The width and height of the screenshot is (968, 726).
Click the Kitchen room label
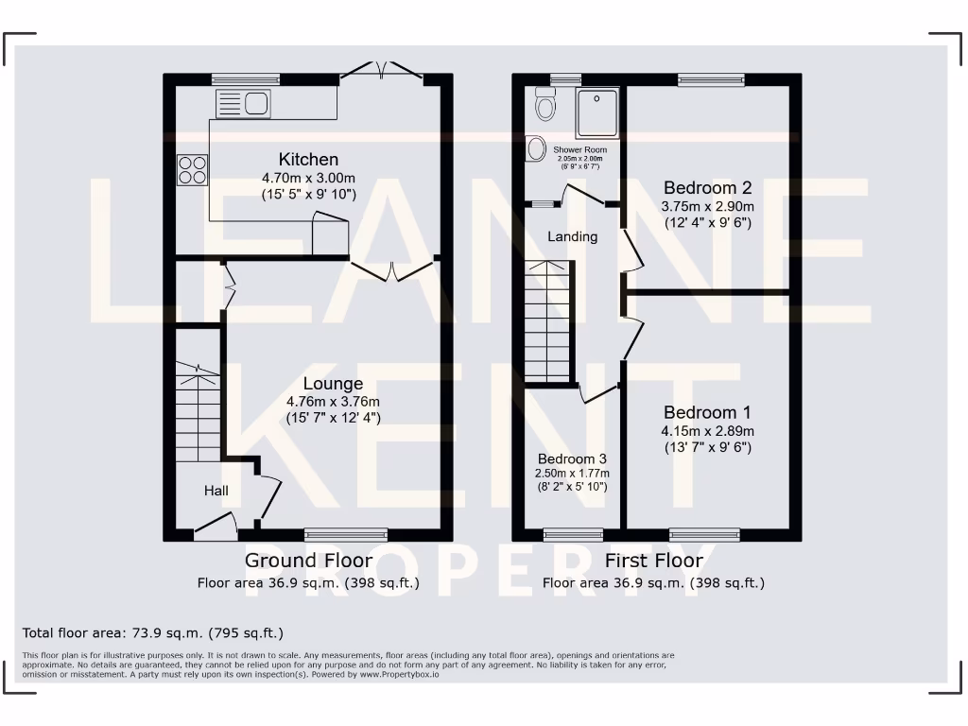click(307, 159)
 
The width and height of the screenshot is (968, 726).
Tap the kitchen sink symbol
click(243, 103)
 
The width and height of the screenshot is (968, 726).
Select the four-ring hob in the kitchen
click(193, 170)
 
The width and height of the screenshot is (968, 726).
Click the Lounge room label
click(333, 384)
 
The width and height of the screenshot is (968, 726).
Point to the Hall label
click(216, 491)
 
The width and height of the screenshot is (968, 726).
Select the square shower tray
click(597, 112)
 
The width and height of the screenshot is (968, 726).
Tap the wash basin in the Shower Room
click(536, 148)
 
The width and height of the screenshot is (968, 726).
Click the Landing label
click(573, 236)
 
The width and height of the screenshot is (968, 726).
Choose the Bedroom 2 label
click(707, 187)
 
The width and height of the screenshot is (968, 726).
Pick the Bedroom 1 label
click(707, 412)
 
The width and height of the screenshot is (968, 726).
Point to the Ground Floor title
click(308, 561)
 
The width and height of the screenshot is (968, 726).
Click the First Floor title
click(653, 561)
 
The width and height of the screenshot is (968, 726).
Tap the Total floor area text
click(152, 632)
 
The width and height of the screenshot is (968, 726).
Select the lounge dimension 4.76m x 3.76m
click(333, 402)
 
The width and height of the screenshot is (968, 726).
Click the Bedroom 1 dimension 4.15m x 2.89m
click(707, 430)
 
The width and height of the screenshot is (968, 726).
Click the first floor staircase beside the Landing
click(549, 321)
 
